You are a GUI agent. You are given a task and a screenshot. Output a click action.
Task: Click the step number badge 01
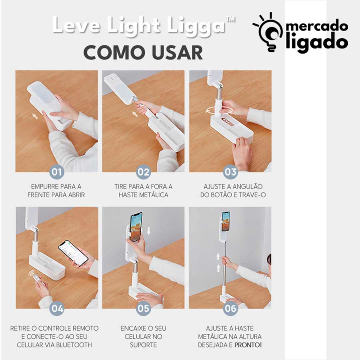(57, 172)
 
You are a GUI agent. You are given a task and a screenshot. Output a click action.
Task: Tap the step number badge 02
(143, 172)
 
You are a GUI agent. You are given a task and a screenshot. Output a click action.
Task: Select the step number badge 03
(230, 172)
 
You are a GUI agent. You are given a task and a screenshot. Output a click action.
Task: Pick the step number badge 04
(57, 309)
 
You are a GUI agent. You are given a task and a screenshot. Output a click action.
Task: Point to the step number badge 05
(143, 309)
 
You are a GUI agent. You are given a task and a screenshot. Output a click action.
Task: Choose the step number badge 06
(230, 309)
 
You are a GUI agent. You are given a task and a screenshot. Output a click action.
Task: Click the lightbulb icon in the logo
(268, 32)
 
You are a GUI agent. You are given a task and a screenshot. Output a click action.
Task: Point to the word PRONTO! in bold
(248, 345)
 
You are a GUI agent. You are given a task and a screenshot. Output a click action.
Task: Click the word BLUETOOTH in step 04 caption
(74, 345)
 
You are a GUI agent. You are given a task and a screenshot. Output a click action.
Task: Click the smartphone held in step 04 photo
(73, 253)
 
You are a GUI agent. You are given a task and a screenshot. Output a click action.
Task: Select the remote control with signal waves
(36, 277)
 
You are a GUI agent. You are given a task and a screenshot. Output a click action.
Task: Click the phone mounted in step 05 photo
(136, 227)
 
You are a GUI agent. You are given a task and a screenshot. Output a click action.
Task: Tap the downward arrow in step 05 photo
(148, 231)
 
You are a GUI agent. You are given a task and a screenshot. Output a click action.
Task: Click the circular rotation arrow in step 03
(220, 110)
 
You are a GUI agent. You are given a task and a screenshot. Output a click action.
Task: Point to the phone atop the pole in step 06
(226, 221)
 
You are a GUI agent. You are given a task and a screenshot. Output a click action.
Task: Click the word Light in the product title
(134, 25)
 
